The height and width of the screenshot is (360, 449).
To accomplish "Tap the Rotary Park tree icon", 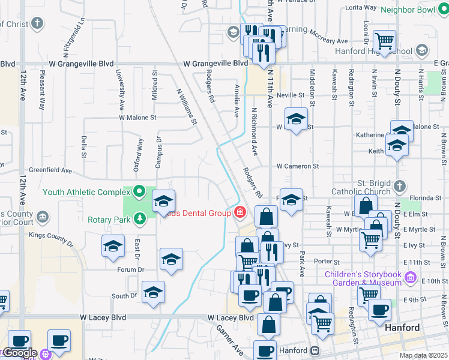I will pos(139,218).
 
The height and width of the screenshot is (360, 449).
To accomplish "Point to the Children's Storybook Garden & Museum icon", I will pos(411,278).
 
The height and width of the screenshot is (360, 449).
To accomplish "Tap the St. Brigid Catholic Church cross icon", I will pos(400,187).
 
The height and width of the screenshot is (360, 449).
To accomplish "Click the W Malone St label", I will pos(137,118).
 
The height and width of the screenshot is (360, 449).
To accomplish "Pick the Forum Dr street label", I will pos(131,270).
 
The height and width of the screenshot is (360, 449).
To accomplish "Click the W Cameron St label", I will pos(297,166).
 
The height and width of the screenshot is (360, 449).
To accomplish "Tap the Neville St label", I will pos(291,95).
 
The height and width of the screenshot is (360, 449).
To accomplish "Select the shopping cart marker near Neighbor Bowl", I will pos(384,41).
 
